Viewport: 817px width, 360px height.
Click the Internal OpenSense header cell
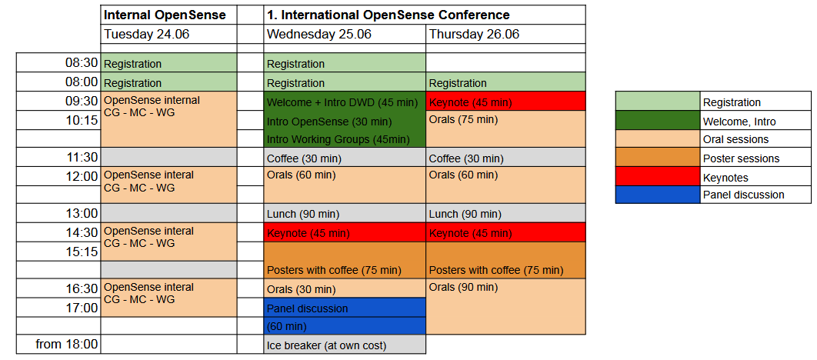coord(168,15)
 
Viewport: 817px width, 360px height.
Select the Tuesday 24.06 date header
coord(168,35)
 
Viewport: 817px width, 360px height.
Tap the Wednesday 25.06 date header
coord(345,35)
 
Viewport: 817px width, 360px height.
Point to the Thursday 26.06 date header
coord(505,35)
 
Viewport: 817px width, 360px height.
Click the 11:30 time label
coord(82,158)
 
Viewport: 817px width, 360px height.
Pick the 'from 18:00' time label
coord(66,345)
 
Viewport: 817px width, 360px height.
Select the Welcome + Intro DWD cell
coord(345,101)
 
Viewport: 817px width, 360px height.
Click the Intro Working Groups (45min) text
coord(338,140)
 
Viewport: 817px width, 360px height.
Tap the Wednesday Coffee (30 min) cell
coord(345,158)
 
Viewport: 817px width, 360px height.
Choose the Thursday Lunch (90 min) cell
coord(505,214)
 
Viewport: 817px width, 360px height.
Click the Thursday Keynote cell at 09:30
coord(505,101)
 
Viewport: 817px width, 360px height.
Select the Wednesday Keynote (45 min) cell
coord(345,232)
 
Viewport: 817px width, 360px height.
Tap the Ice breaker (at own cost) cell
coord(345,345)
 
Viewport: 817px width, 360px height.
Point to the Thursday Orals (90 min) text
coord(463,288)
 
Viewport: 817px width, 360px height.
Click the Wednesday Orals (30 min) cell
coord(345,288)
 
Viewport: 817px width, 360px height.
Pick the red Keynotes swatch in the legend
coord(658,176)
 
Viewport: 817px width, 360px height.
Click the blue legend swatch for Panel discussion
coord(658,195)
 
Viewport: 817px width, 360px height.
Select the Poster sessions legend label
coord(741,158)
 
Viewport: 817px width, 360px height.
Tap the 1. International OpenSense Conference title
coord(388,15)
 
